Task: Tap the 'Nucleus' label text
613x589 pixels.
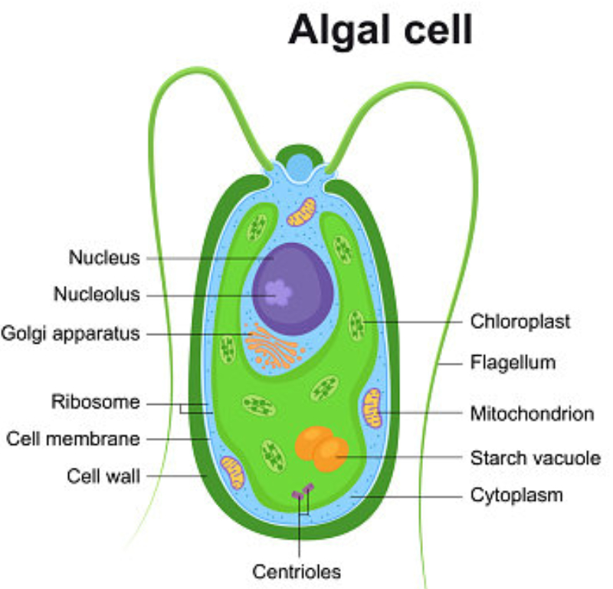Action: pos(105,258)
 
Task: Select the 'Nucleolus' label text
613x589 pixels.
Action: pos(97,294)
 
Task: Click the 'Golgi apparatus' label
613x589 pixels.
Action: pos(70,334)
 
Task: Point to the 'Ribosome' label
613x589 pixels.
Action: pos(96,401)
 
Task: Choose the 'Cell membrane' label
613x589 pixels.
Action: pos(74,439)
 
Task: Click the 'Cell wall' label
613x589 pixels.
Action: pos(104,476)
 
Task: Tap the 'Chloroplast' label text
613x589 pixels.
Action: pos(520,321)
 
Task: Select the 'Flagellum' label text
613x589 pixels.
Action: pos(513,361)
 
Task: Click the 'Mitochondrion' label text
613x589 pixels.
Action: pos(532,414)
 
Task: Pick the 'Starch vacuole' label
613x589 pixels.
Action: pos(535,458)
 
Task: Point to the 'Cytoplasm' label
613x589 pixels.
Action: pos(516,495)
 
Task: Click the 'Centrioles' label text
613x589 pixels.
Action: pos(297,571)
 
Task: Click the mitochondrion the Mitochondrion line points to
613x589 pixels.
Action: pos(372,407)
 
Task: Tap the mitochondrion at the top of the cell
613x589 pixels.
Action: pos(301,212)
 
